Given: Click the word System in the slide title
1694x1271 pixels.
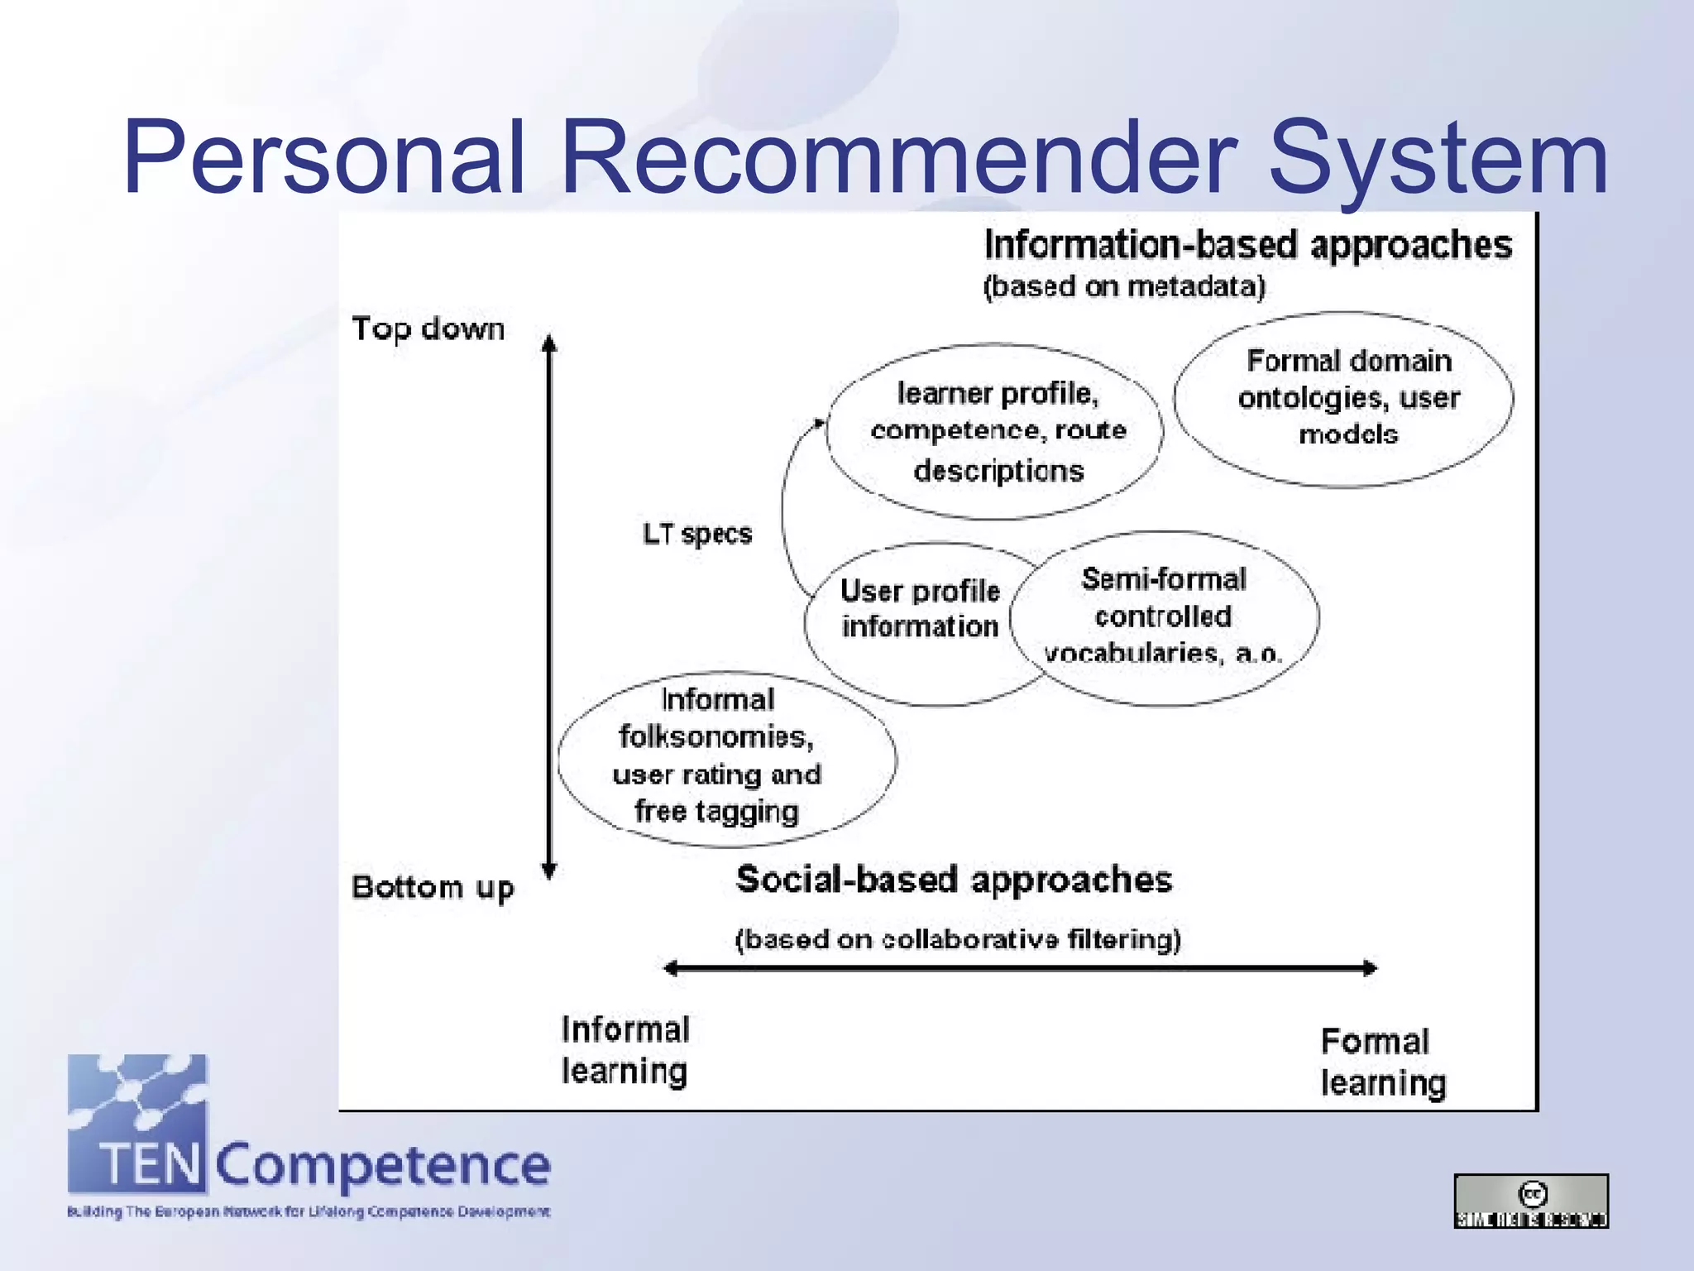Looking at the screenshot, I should (1438, 157).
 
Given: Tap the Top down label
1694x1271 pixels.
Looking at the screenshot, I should (428, 329).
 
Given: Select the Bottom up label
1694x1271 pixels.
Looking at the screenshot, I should (433, 887).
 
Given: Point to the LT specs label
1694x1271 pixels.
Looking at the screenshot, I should (697, 534).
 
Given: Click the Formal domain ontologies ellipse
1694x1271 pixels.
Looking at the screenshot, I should (1345, 399).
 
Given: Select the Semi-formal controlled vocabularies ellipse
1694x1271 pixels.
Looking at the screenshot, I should (1165, 617).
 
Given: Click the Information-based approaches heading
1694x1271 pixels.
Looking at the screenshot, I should (1247, 245).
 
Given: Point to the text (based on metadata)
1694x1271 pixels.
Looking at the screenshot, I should (1124, 286).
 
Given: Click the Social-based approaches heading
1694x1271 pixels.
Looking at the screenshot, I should (954, 880).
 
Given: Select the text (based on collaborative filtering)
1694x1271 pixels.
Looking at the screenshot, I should (958, 939).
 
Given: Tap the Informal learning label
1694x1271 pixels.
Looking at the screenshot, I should (624, 1050).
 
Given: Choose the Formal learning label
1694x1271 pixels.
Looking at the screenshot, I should (1382, 1062).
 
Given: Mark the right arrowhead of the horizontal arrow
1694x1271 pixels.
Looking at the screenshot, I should (1371, 968).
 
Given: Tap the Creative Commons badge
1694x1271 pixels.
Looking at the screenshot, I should (1531, 1201).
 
